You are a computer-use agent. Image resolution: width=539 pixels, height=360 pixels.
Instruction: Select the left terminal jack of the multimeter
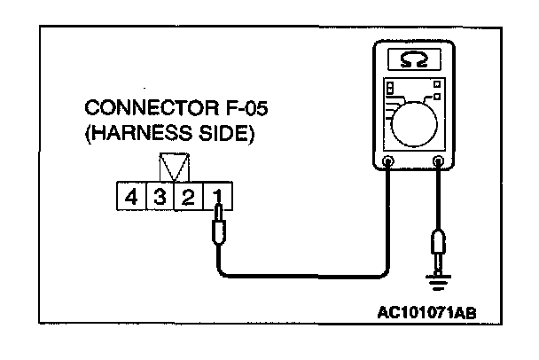coord(389,161)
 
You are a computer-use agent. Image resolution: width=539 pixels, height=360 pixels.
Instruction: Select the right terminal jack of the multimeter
coord(439,161)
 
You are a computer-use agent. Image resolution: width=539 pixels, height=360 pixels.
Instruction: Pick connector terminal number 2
coord(188,195)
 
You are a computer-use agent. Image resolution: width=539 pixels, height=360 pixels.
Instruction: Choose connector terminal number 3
coord(160,195)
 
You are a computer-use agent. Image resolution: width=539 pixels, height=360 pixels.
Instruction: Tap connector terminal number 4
coord(132,195)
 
